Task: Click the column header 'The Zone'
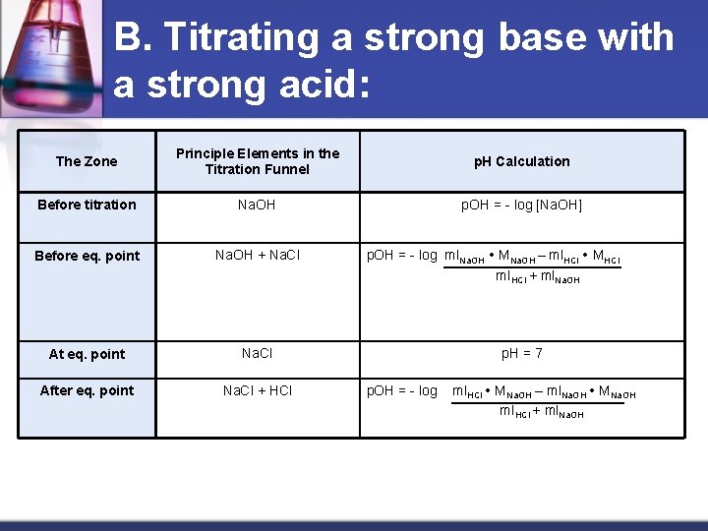[x=87, y=161]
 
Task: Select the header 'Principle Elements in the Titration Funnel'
[x=258, y=161]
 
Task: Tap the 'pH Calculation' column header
[x=522, y=161]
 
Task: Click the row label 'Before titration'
[x=87, y=205]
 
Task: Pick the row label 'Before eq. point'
[x=87, y=256]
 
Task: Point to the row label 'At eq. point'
[x=87, y=354]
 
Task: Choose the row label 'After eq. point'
[x=87, y=390]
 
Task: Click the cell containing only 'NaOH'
[x=258, y=205]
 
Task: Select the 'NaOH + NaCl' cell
[x=258, y=256]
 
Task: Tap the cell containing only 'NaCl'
[x=258, y=353]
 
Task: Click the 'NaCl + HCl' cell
[x=258, y=390]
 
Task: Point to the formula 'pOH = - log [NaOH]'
[x=522, y=205]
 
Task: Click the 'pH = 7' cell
[x=522, y=353]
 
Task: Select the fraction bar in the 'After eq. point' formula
[x=537, y=402]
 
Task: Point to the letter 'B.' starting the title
[x=133, y=38]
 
